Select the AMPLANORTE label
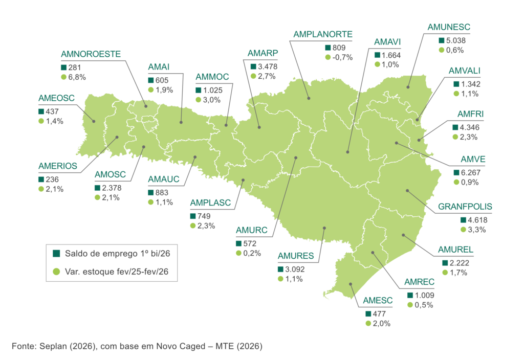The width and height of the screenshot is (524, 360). click(x=324, y=32)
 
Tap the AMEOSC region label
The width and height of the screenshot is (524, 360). click(x=59, y=98)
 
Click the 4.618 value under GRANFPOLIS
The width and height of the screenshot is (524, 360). click(x=480, y=219)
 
